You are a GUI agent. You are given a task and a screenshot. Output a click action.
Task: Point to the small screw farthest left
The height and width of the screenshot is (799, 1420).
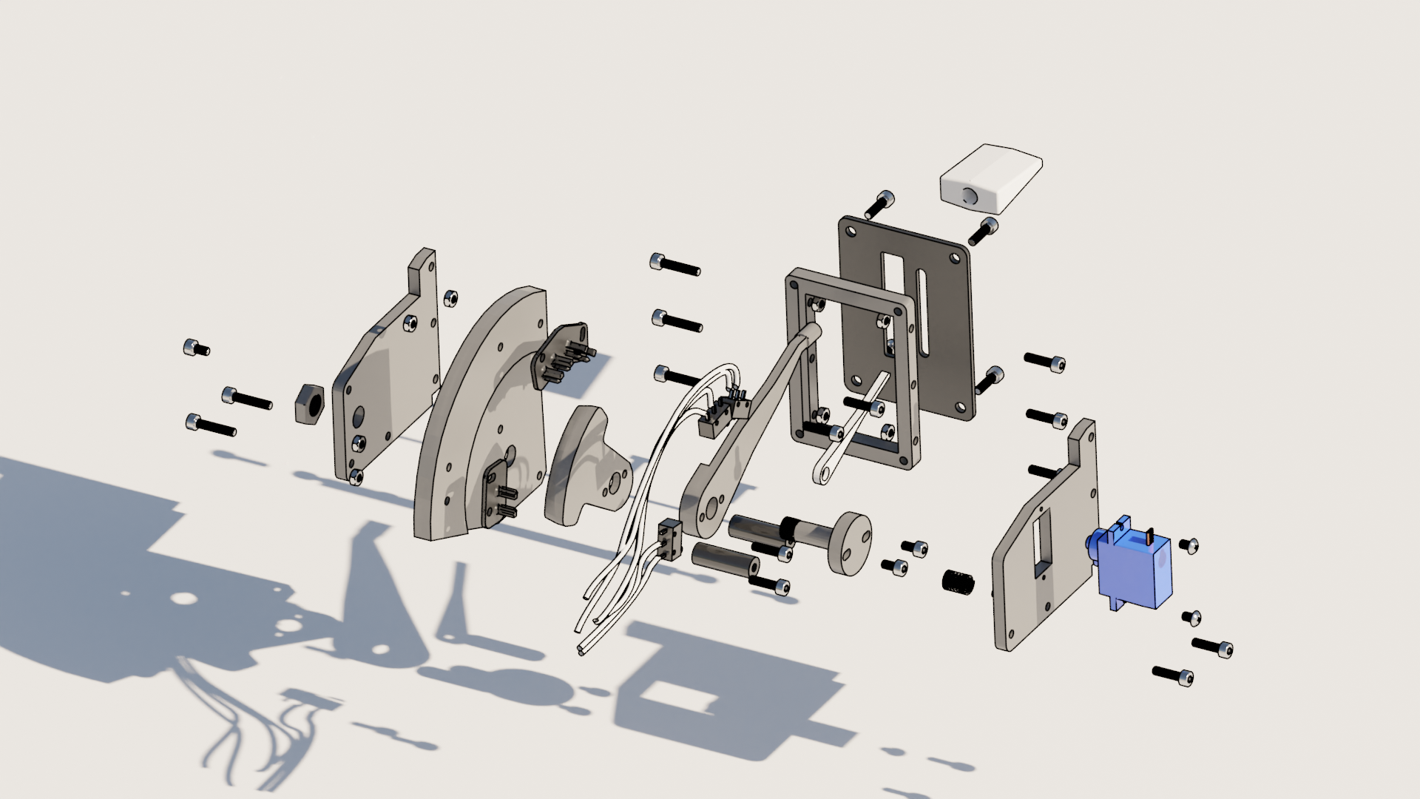point(196,348)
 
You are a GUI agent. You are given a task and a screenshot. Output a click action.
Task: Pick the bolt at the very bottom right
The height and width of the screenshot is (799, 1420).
point(1173,675)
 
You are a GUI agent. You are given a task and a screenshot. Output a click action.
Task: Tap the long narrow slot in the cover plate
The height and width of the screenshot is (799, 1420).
point(922,315)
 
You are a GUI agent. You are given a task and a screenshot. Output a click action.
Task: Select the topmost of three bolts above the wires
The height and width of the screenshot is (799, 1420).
point(674,264)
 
